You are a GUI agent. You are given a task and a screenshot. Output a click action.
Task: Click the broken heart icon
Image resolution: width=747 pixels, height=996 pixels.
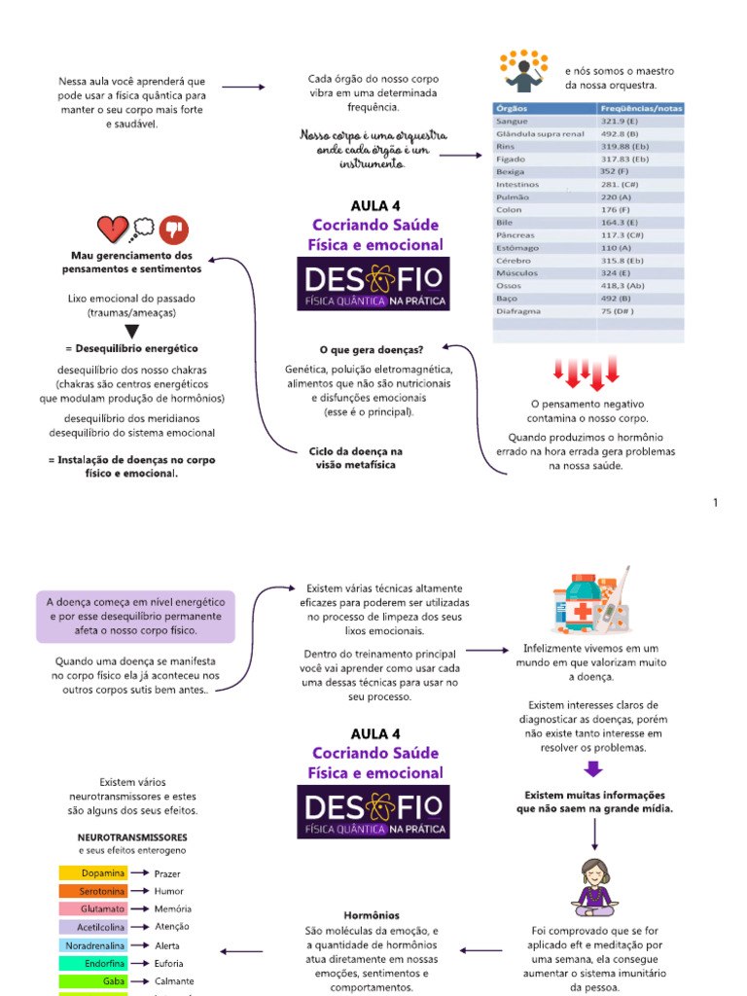(x=114, y=231)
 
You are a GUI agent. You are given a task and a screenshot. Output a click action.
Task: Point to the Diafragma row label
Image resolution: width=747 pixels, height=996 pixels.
(x=516, y=311)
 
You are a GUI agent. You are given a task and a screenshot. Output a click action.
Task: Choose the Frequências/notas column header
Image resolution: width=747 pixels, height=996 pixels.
(x=641, y=108)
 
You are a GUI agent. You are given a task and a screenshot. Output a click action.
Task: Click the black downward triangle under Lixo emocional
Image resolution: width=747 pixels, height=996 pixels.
(x=132, y=331)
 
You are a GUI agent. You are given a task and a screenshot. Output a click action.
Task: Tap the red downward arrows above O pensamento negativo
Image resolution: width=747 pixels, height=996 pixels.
(x=587, y=372)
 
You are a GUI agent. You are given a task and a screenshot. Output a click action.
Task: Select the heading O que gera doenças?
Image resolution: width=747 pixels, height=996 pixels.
(x=371, y=349)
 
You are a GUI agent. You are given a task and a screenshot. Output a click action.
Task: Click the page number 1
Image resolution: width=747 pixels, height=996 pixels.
(x=715, y=503)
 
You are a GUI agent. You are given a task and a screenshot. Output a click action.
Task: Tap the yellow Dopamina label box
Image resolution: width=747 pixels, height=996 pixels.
(x=93, y=873)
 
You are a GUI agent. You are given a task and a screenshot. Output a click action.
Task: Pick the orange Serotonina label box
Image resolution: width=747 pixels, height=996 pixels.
(x=93, y=891)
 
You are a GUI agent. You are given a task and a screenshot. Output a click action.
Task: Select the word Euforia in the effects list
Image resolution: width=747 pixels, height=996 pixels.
(x=168, y=963)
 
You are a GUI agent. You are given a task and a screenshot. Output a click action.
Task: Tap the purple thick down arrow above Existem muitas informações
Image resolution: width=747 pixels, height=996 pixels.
(x=593, y=770)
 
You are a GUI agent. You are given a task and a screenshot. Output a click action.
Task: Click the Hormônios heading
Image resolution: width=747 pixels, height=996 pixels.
(x=372, y=915)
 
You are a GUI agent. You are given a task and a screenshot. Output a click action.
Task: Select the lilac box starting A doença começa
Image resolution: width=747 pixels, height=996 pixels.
(x=135, y=616)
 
